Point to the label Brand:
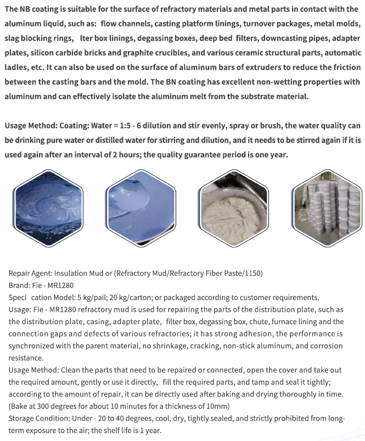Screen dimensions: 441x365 pos(20,285)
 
